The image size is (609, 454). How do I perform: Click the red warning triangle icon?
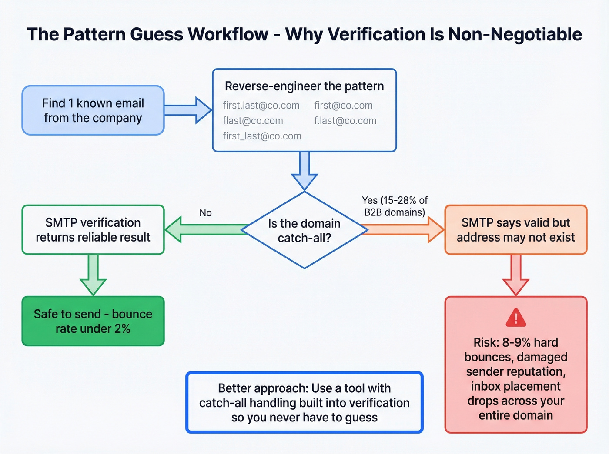coord(516,318)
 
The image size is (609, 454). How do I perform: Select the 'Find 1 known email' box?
coord(93,110)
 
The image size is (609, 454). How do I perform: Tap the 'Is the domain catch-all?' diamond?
coord(304,230)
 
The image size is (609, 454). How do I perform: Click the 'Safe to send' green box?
coord(93,321)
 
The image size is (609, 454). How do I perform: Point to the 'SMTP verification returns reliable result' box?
coord(93,230)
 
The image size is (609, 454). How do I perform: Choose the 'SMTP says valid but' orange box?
coord(516,230)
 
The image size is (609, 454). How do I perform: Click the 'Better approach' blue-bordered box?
coord(304,402)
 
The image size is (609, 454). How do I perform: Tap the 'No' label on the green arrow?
coord(205,213)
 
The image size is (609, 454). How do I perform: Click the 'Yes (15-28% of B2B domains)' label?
coord(395,206)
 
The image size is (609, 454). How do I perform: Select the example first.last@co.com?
coord(261,106)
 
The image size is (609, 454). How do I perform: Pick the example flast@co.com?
coord(253,121)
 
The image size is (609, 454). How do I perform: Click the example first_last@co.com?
coord(262,136)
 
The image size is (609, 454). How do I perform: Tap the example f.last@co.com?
coord(345,121)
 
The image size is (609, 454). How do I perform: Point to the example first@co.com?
coord(343,106)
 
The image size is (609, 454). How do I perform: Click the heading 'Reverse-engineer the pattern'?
coord(304,86)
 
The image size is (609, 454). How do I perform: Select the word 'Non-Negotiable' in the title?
coord(515,34)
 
